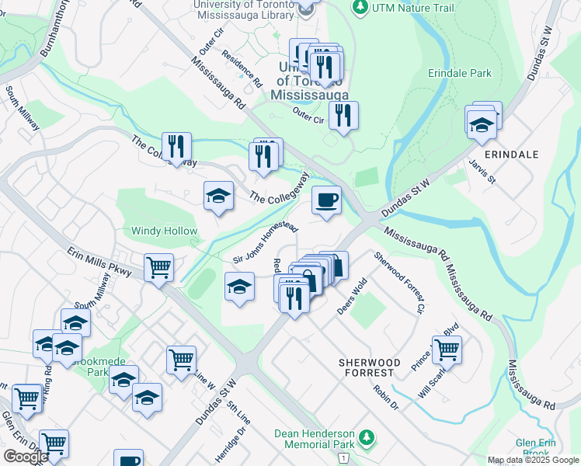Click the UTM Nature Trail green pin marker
pos(360,8)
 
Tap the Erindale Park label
pos(460,74)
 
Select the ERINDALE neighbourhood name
pos(510,155)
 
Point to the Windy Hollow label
pos(164,231)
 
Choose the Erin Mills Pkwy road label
pos(100,263)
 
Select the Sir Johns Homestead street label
pos(266,242)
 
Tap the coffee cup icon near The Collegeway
pos(326,200)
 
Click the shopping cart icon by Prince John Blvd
pos(447,349)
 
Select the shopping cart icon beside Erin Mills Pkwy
pos(158,268)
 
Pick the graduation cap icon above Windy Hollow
pos(218,196)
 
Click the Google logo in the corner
pos(26,457)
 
